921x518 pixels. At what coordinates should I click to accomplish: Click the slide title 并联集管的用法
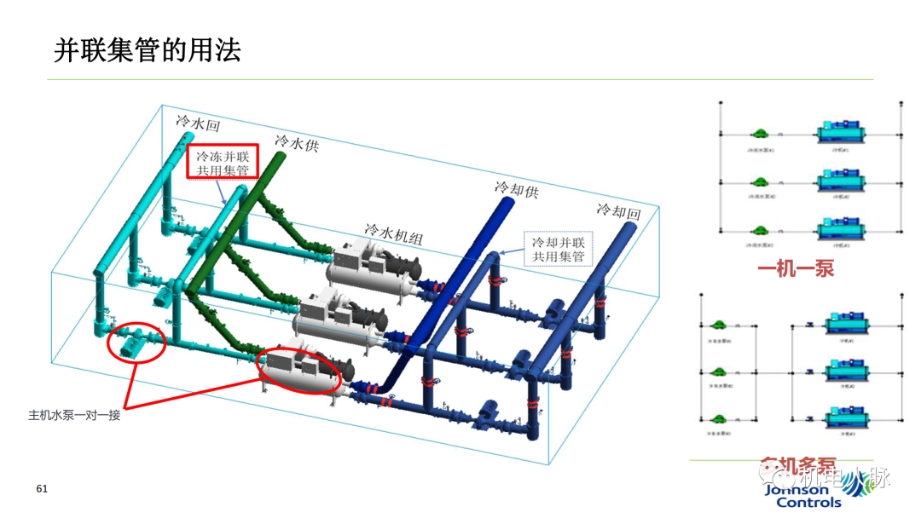(x=148, y=50)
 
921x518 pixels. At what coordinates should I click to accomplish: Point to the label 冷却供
(x=517, y=187)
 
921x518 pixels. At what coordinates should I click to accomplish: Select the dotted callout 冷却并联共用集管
(x=559, y=248)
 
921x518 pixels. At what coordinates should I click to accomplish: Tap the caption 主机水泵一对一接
(x=74, y=416)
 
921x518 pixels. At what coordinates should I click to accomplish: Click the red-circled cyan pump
(x=136, y=341)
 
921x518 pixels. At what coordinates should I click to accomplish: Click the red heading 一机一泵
(x=796, y=269)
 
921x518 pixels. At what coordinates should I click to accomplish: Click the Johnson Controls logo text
(x=796, y=496)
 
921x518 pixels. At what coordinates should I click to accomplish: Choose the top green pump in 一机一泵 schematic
(x=758, y=134)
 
